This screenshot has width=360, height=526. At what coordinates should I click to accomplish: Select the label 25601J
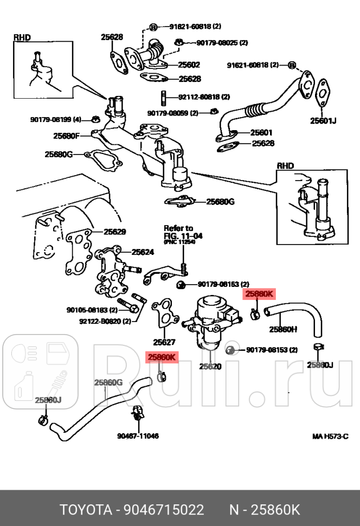click(323, 120)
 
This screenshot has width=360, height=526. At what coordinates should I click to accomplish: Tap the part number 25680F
click(67, 136)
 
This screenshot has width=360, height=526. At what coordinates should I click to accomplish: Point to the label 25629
click(114, 232)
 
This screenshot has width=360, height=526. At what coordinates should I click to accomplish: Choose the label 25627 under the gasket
click(164, 342)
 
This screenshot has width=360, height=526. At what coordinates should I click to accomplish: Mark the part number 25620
click(210, 366)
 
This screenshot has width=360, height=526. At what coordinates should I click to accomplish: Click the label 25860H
click(283, 329)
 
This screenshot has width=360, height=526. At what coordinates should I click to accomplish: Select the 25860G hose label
click(108, 382)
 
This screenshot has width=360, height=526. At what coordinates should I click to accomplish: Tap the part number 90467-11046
click(138, 435)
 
